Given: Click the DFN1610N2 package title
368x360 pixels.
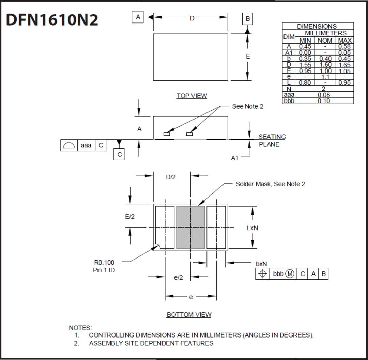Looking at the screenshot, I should click(x=52, y=20).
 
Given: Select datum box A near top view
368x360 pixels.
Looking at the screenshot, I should click(x=138, y=17).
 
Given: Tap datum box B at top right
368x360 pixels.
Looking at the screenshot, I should click(x=248, y=19).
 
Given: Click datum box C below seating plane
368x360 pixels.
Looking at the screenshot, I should click(x=119, y=154).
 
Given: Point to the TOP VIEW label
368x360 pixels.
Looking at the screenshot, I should click(x=191, y=96).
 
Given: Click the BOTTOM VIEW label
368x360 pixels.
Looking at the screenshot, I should click(x=189, y=315).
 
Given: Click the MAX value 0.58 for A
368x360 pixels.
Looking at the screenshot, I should click(x=344, y=46).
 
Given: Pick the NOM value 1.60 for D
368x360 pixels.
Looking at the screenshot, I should click(x=325, y=65).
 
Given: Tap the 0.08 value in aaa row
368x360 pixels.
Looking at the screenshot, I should click(x=324, y=95).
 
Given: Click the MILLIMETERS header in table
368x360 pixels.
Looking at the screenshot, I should click(x=325, y=33).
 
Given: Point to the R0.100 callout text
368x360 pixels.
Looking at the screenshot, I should click(x=104, y=263).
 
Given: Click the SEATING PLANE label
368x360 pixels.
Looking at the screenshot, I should click(x=272, y=140).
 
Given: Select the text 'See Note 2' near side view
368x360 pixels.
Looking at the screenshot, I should click(x=248, y=106).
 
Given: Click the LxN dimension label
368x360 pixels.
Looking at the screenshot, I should click(x=252, y=228).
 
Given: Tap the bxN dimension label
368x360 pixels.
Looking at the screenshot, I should click(x=261, y=264).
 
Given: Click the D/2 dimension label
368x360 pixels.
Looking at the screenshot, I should click(x=171, y=177).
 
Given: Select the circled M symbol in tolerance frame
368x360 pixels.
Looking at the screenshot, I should click(x=290, y=274).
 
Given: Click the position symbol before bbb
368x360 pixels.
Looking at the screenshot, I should click(x=262, y=274).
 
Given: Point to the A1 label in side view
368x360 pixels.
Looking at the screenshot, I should click(x=235, y=158).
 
